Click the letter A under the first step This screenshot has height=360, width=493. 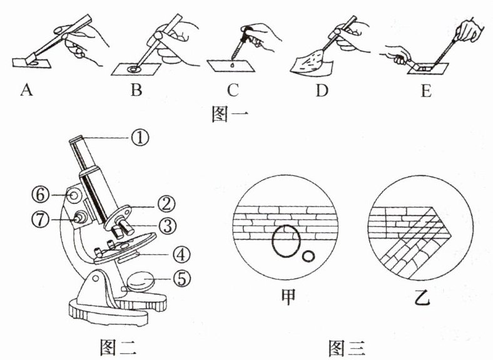click(x=26, y=91)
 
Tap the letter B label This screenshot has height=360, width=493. click(x=136, y=91)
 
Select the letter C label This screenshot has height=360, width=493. click(x=233, y=91)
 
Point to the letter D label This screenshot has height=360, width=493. click(x=322, y=91)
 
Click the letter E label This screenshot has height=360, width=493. click(x=427, y=91)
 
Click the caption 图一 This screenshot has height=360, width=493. click(x=231, y=115)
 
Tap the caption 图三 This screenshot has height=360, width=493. click(x=347, y=346)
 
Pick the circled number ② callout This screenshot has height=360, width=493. click(x=166, y=202)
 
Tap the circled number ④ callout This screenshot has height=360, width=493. click(x=178, y=255)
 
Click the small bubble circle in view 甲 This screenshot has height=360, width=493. click(x=308, y=256)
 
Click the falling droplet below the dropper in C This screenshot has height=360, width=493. click(x=233, y=63)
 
